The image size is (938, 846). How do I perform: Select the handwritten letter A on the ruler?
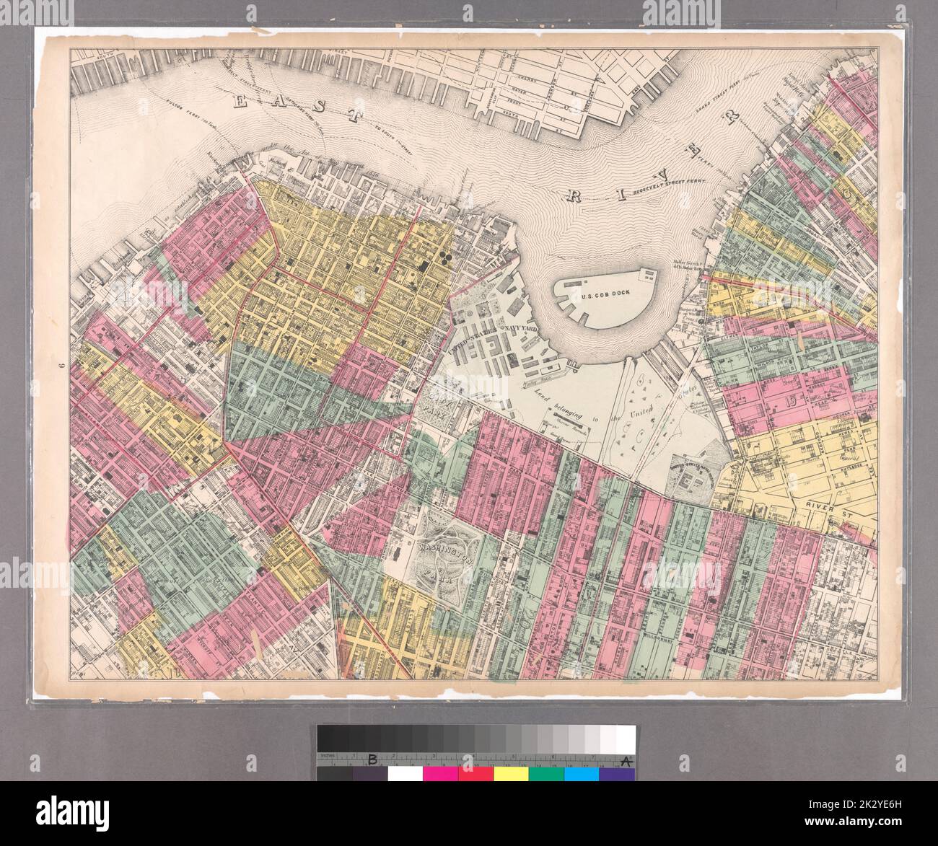[x=624, y=759]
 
